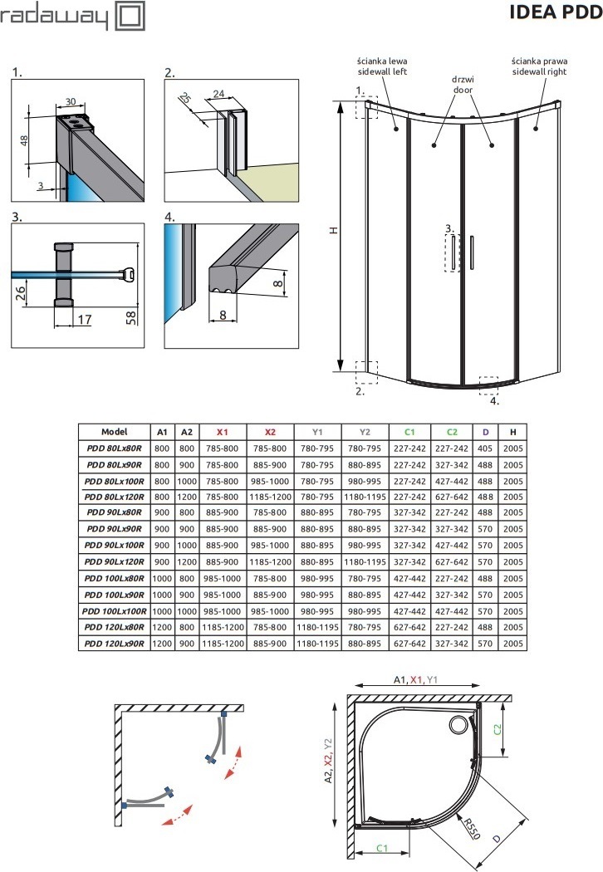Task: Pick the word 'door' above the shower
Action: tap(463, 88)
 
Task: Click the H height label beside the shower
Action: tap(332, 232)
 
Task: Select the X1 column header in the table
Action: tap(222, 432)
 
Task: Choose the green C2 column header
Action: tap(452, 432)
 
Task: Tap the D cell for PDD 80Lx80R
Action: tap(485, 448)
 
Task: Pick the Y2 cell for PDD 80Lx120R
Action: tap(365, 497)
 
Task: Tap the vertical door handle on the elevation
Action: tap(470, 252)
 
